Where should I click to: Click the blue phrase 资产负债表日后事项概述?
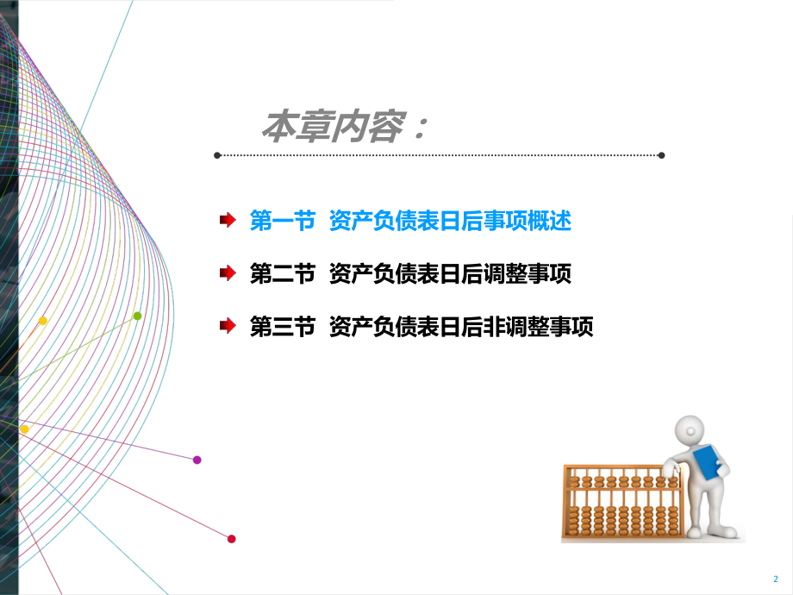(450, 222)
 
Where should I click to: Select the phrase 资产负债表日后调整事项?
(450, 274)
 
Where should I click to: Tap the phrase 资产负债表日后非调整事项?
(461, 327)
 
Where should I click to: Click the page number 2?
(774, 578)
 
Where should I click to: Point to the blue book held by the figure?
(707, 462)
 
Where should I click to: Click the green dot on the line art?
(137, 316)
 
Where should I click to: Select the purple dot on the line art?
(197, 460)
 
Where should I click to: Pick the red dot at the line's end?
(231, 539)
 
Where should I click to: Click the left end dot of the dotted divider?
(217, 156)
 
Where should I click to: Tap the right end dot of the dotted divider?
(661, 156)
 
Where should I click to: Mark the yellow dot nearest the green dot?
(42, 321)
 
